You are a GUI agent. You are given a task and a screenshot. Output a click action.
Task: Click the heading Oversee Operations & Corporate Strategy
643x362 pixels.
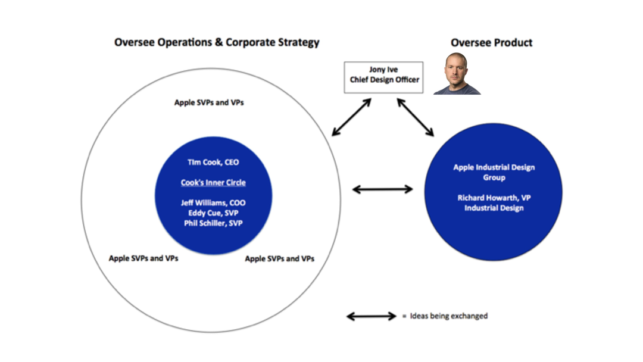(x=217, y=42)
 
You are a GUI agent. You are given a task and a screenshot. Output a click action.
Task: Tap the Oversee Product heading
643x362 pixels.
(x=492, y=42)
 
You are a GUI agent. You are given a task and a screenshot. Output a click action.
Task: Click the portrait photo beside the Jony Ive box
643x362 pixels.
(x=457, y=74)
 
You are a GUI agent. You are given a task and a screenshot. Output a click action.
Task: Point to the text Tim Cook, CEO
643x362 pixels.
(x=213, y=162)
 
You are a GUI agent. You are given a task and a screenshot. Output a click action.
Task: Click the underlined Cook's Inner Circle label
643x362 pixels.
(x=213, y=182)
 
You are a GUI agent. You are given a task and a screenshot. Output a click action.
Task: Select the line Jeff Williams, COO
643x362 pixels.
(x=213, y=203)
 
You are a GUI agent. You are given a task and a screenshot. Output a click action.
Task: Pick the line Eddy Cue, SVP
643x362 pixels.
(x=213, y=213)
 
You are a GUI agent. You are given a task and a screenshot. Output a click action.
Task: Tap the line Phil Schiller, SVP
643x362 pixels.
(x=213, y=223)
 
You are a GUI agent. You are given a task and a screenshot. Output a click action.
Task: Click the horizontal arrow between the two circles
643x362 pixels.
(x=382, y=189)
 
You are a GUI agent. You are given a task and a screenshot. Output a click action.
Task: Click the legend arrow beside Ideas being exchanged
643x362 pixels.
(x=371, y=316)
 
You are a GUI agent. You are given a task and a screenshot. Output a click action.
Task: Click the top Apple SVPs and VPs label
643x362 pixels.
(x=209, y=102)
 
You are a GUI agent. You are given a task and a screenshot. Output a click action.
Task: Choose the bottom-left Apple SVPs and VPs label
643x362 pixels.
(x=143, y=258)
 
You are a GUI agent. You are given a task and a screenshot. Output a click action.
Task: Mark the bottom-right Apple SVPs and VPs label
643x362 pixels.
(x=280, y=258)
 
